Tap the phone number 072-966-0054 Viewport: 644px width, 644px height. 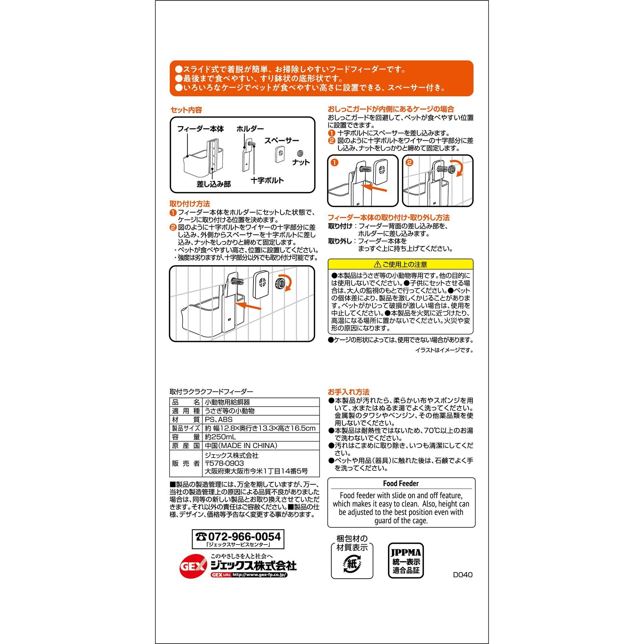click(244, 536)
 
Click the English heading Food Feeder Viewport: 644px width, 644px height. click(401, 483)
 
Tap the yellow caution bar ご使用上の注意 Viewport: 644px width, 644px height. click(401, 265)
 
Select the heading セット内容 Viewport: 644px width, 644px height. click(186, 110)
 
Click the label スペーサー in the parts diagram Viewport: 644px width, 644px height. click(282, 141)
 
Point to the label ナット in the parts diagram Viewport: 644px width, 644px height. click(301, 162)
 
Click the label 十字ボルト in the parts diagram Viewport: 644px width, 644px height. click(267, 180)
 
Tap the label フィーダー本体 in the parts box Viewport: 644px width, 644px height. click(200, 129)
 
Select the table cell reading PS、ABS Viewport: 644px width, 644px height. click(219, 420)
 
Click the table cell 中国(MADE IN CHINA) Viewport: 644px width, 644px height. click(241, 446)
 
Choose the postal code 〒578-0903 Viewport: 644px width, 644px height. click(224, 463)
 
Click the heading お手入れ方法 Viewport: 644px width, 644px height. click(349, 392)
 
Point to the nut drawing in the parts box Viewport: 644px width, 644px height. click(299, 153)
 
